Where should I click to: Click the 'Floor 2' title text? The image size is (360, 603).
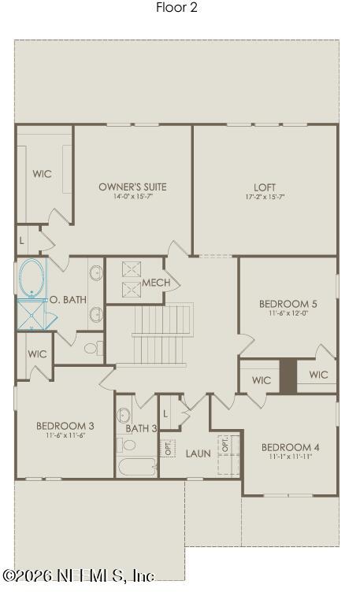[176, 7]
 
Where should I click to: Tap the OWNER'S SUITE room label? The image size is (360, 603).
[133, 187]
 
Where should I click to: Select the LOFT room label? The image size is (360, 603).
[265, 187]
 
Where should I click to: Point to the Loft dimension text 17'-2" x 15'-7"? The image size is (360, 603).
[265, 197]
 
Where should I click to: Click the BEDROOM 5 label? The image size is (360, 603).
[288, 304]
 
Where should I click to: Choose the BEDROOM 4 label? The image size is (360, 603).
[291, 448]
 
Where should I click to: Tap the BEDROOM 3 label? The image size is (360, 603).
[65, 426]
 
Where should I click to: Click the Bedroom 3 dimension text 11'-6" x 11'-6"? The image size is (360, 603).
[65, 435]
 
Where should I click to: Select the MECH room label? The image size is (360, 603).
[156, 283]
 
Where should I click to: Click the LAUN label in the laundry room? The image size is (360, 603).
[199, 453]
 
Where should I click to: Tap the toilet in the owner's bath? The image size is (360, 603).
[93, 349]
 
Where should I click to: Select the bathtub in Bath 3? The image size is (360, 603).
[137, 467]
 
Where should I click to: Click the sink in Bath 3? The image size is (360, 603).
[124, 416]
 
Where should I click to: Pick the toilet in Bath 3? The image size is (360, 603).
[126, 445]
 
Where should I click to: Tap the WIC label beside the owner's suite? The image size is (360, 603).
[42, 174]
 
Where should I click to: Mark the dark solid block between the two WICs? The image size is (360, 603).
[288, 375]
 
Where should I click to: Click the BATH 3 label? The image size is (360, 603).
[141, 428]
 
